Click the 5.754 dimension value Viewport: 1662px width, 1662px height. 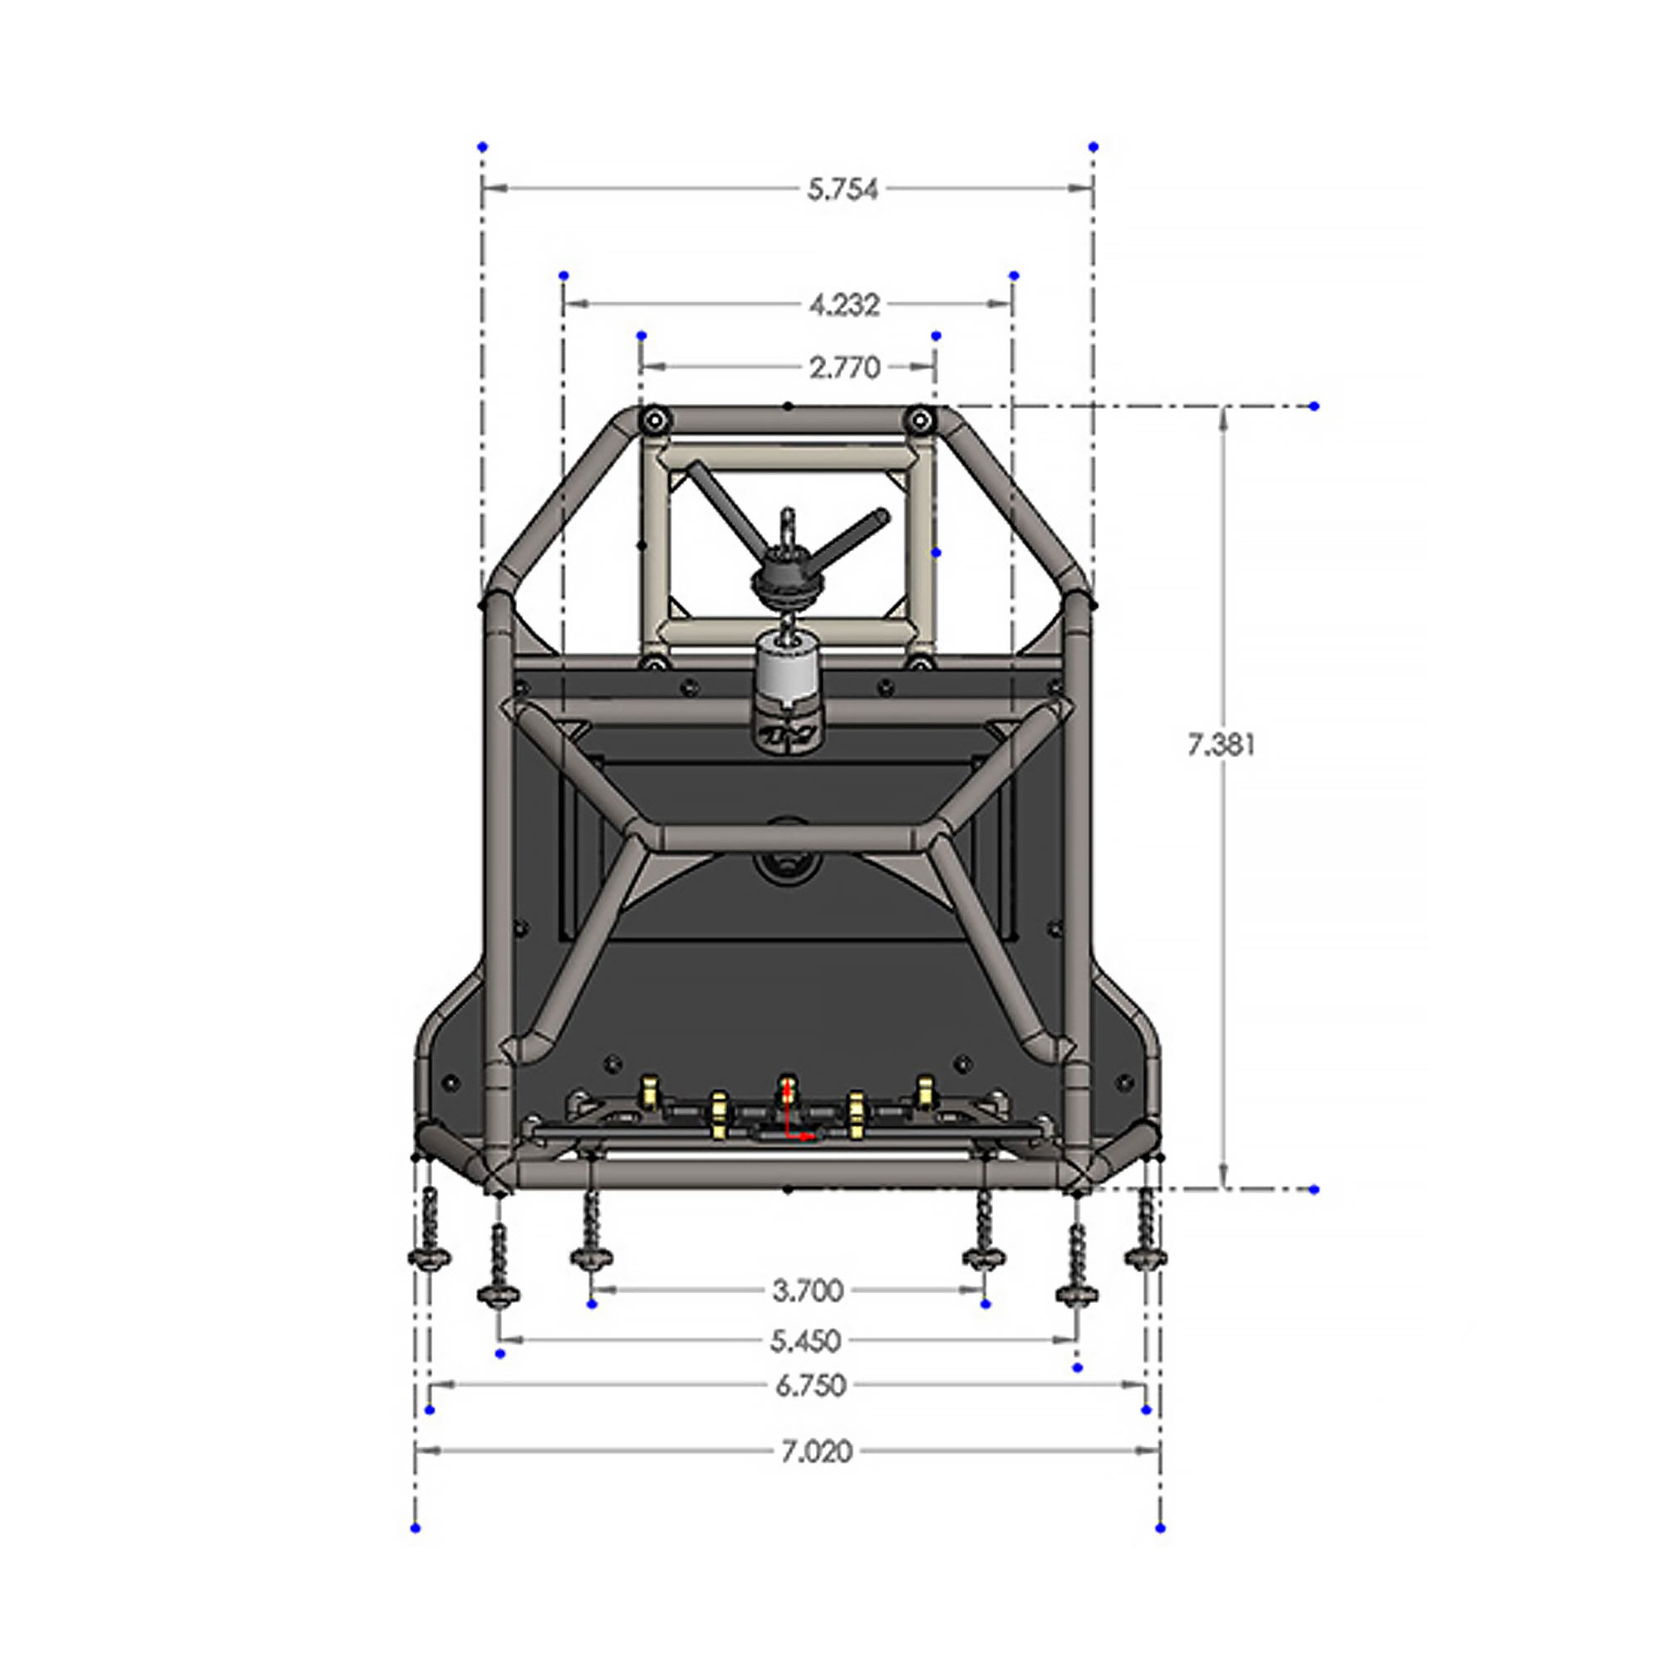(842, 189)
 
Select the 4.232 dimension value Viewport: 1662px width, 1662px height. (844, 304)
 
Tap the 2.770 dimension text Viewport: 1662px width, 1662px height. (844, 368)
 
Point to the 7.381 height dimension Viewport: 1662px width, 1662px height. (1221, 745)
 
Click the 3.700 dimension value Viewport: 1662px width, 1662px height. (807, 1291)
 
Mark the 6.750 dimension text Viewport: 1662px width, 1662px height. (809, 1386)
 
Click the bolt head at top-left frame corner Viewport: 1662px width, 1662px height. (655, 420)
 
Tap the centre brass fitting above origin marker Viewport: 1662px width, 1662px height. (786, 1089)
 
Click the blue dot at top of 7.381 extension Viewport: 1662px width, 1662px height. (1314, 406)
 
